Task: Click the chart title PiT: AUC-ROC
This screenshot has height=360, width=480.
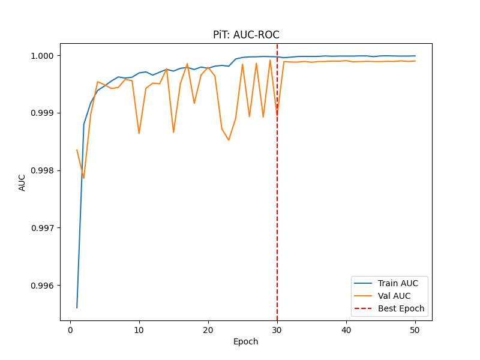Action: [246, 35]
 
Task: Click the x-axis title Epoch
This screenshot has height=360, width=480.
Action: [246, 341]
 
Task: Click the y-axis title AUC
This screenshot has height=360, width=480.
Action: [22, 182]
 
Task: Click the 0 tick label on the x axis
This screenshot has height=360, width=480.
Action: [70, 329]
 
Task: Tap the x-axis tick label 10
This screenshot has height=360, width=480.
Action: [139, 329]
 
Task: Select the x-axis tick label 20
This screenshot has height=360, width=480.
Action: [208, 329]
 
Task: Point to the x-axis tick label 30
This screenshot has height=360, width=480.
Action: [277, 329]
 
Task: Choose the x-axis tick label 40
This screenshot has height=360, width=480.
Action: [346, 329]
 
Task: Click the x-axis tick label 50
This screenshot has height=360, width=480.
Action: [415, 329]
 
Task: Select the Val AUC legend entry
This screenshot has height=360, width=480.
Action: [394, 296]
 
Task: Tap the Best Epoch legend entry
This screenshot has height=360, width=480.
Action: [401, 309]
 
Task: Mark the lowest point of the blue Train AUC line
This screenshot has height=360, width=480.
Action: [77, 308]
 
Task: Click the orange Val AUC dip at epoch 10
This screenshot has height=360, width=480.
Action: [139, 133]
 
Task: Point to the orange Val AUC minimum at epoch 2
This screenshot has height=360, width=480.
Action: [84, 178]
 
